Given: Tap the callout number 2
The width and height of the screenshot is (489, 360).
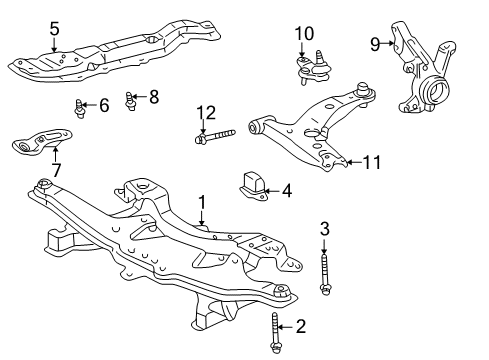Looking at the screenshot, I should (300, 326).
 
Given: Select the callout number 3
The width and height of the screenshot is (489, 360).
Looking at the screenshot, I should (324, 229).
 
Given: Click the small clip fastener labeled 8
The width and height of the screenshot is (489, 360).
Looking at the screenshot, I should (130, 98).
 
